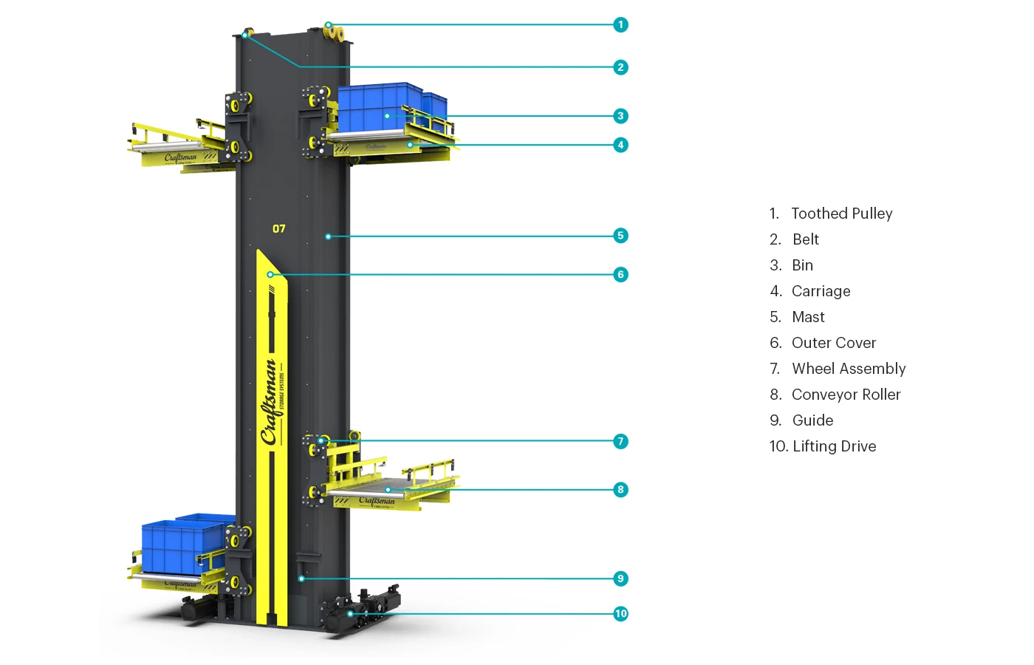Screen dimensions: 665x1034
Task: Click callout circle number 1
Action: (620, 24)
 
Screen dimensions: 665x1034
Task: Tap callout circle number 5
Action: (620, 236)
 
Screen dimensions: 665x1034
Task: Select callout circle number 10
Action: (620, 613)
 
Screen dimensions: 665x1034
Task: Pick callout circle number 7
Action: (620, 441)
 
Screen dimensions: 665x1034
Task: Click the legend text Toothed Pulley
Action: (841, 214)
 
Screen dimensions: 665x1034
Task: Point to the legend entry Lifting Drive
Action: (834, 446)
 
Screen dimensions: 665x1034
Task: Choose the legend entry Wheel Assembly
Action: (848, 369)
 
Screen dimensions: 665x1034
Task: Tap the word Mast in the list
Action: (808, 317)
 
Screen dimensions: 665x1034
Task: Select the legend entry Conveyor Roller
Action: (846, 395)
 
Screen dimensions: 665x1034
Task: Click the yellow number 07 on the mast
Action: (278, 228)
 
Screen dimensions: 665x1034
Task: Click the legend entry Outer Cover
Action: (833, 343)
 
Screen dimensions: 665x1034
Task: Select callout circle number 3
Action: (620, 115)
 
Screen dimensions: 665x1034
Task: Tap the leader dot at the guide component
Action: (301, 579)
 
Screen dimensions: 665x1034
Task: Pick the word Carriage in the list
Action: (821, 291)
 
